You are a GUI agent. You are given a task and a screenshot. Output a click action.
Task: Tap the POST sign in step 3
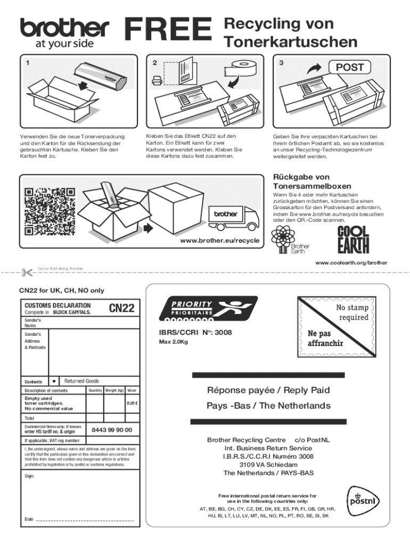coord(349,67)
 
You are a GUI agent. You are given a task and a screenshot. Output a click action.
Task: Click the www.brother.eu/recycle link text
coord(220,241)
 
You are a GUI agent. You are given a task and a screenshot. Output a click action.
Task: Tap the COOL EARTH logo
coord(353,240)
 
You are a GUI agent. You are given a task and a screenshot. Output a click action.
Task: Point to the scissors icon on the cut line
coord(26,272)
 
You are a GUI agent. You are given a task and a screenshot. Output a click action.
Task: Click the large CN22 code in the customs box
coord(122,308)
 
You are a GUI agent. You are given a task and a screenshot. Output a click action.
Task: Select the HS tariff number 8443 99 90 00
coord(112,430)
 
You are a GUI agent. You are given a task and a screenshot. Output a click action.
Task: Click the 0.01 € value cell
coord(133,403)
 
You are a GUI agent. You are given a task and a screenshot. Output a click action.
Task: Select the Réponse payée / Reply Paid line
coord(268,390)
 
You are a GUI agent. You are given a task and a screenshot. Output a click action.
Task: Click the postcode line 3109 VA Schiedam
coord(268,464)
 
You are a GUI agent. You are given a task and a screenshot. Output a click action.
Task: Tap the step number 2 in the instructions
coord(154,63)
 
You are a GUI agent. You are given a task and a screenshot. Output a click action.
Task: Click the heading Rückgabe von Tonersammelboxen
coord(311,181)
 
